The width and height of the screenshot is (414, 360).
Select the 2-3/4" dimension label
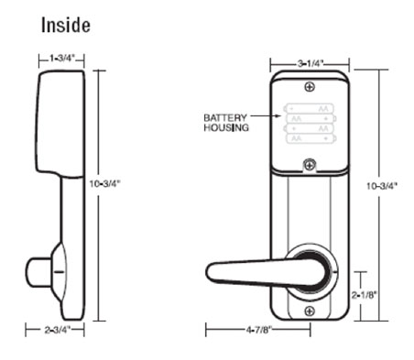(61, 327)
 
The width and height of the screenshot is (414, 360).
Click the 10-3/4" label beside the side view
(107, 183)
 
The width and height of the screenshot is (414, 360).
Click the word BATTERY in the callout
(223, 118)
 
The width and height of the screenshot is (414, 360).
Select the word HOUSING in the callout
(223, 128)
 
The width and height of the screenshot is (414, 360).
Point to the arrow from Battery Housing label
(267, 116)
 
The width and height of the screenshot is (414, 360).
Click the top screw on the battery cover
(310, 88)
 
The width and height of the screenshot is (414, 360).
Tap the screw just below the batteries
(310, 165)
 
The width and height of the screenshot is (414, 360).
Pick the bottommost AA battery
(310, 138)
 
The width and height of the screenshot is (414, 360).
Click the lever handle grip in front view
(243, 271)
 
